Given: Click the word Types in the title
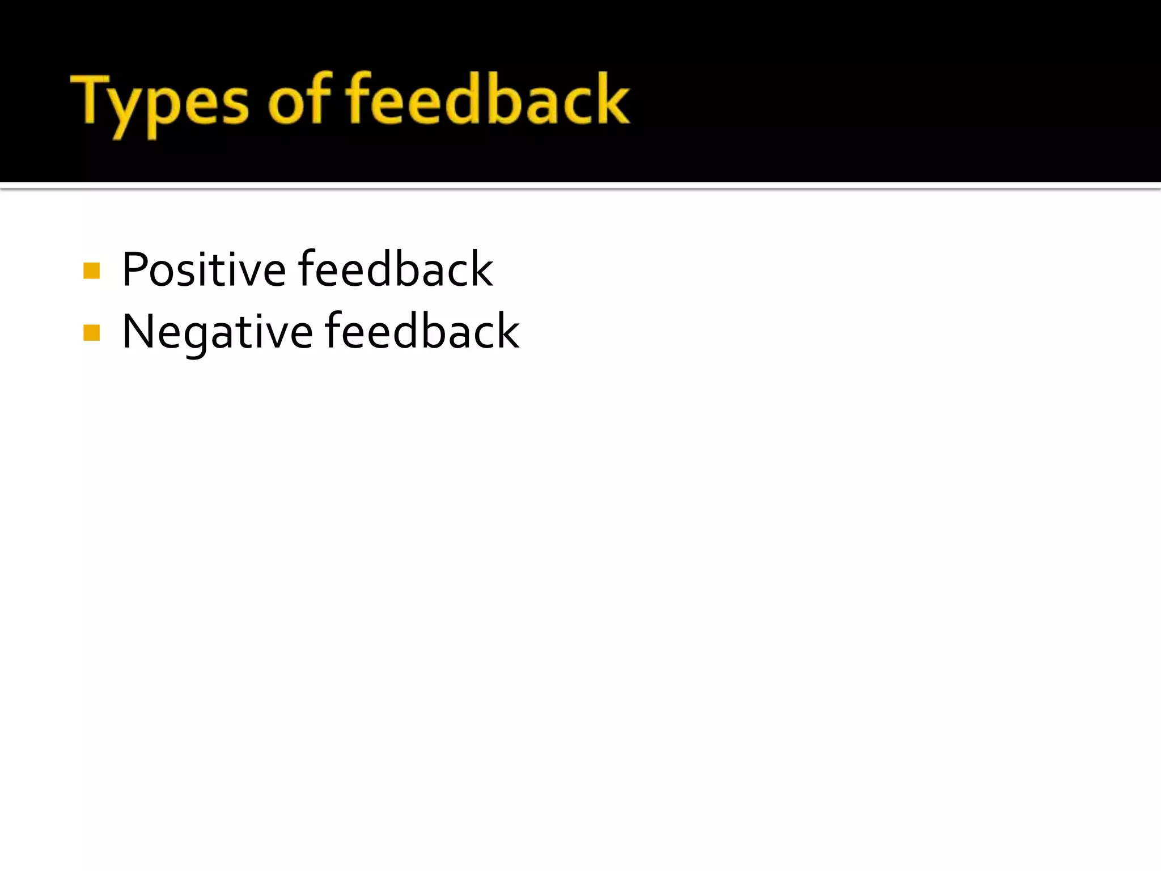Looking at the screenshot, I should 159,102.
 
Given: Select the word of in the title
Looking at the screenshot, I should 299,99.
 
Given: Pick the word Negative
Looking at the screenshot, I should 217,332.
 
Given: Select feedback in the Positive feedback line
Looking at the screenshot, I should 396,269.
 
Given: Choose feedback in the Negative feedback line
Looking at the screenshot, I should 422,332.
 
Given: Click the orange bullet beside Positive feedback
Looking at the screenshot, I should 91,270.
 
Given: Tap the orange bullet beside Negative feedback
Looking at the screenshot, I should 91,332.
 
